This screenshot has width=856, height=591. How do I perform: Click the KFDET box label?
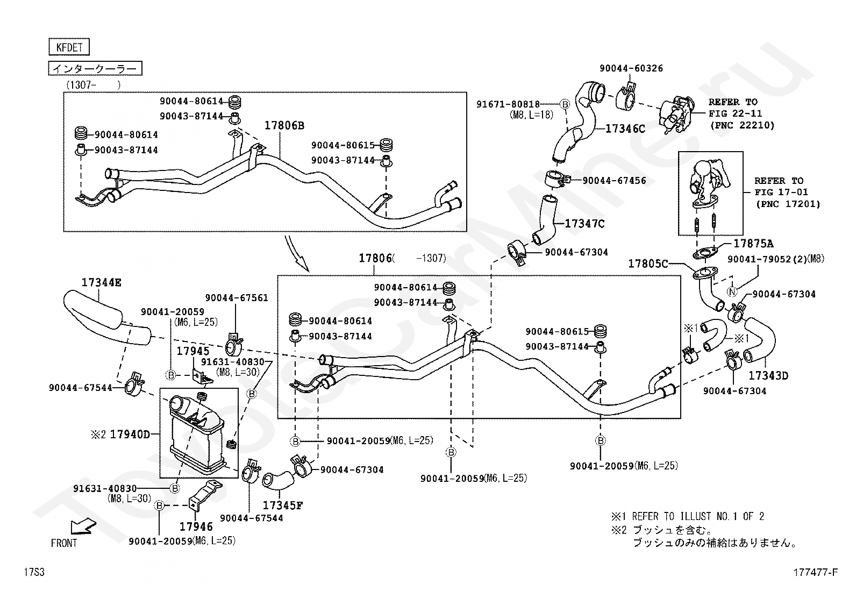click(69, 47)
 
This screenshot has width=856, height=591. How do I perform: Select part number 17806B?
click(284, 125)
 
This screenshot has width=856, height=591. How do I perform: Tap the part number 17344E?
click(101, 282)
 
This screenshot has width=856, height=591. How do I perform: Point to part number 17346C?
click(625, 129)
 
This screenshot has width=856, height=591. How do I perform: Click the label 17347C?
click(584, 224)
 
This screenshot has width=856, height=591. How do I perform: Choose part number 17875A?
click(753, 244)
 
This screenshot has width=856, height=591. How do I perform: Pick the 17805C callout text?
click(648, 264)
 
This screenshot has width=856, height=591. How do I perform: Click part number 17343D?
click(768, 376)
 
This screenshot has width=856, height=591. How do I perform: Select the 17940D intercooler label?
click(130, 435)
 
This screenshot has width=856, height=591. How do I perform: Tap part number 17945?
click(193, 351)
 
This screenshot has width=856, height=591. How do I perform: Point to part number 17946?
click(196, 527)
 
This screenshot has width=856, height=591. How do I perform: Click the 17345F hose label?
click(283, 505)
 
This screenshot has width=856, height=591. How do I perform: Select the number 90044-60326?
click(631, 68)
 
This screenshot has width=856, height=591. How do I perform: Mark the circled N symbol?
click(732, 292)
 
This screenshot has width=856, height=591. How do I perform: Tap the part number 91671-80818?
click(508, 104)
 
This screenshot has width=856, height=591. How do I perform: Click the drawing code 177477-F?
click(816, 572)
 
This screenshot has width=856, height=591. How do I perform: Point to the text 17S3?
click(34, 572)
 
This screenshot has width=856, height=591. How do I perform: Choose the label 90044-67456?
click(614, 181)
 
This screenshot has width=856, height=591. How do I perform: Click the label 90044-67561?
click(237, 298)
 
